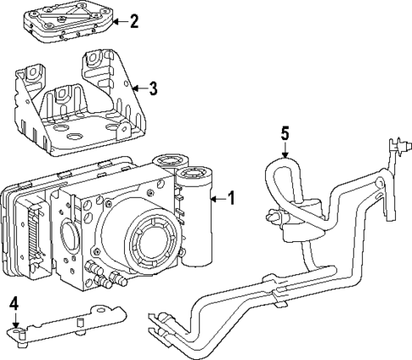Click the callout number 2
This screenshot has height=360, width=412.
(x=133, y=20)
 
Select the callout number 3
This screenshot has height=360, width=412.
(x=152, y=87)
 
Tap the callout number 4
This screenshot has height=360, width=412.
(x=14, y=303)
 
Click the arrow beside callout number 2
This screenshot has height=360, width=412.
(x=119, y=20)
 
